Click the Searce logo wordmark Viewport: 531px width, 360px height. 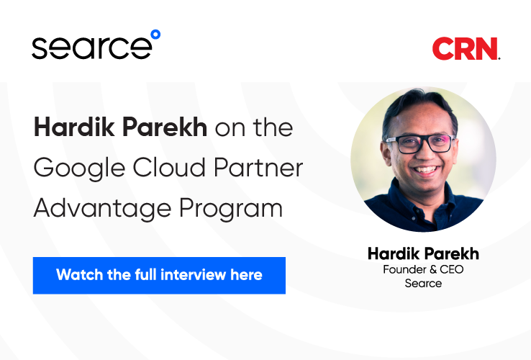(x=92, y=48)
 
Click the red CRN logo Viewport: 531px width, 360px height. (x=466, y=48)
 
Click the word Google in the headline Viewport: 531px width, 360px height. (x=79, y=168)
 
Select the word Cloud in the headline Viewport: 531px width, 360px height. (x=169, y=167)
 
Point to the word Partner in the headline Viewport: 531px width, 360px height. (x=258, y=168)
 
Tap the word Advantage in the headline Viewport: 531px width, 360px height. (x=102, y=209)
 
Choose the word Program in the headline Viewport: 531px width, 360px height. (x=231, y=209)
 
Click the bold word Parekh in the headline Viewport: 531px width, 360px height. (x=165, y=127)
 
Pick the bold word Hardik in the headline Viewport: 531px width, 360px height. (x=74, y=127)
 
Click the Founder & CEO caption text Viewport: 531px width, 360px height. (x=423, y=269)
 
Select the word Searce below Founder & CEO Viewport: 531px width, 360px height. (x=423, y=284)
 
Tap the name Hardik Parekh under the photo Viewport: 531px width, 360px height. (x=423, y=253)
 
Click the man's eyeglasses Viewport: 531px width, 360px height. (x=421, y=144)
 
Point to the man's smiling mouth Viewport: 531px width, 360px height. (x=425, y=170)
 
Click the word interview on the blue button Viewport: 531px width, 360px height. (x=193, y=274)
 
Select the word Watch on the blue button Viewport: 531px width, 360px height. (x=80, y=274)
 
